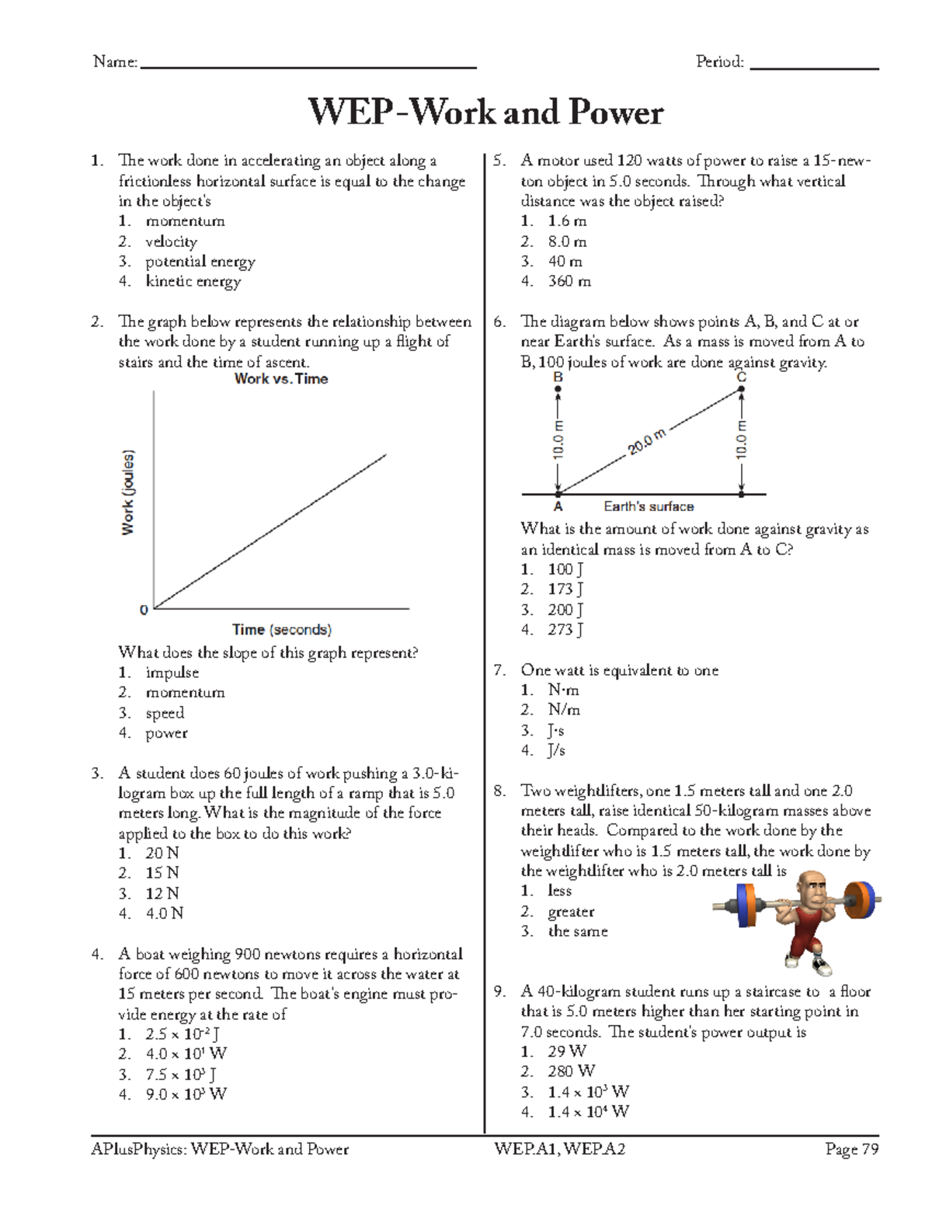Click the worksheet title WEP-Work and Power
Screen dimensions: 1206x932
(485, 113)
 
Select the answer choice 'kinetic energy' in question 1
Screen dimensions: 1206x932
(193, 282)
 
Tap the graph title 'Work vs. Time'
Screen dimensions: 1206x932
(281, 379)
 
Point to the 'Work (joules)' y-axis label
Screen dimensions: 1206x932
(128, 492)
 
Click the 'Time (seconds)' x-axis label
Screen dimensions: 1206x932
(282, 630)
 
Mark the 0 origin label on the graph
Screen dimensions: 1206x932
(144, 610)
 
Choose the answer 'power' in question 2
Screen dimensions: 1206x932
(166, 733)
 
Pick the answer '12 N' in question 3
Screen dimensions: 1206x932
(162, 894)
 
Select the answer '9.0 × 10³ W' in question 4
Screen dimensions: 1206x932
(186, 1095)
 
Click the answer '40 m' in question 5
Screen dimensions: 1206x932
(565, 262)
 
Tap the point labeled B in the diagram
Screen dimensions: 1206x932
(558, 388)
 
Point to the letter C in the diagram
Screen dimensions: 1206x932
(742, 377)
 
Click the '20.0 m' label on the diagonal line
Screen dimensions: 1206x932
(647, 442)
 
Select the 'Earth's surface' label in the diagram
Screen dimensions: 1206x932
(649, 507)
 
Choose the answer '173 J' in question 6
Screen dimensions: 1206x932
(565, 589)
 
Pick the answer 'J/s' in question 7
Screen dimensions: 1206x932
(556, 751)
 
